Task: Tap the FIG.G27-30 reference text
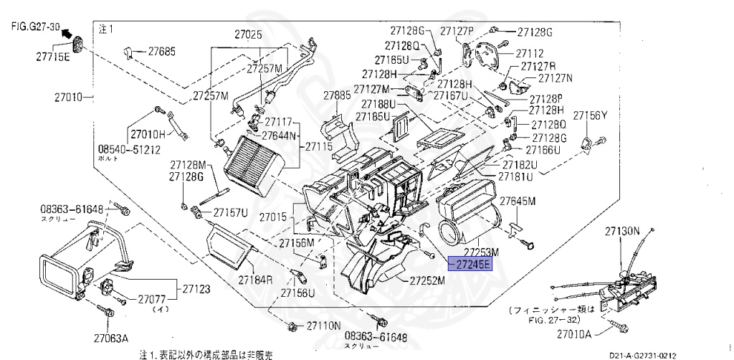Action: click(x=34, y=26)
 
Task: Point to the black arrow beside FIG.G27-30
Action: click(x=67, y=33)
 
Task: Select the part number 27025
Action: click(x=248, y=34)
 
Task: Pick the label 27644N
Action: click(x=280, y=135)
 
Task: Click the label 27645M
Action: click(x=518, y=201)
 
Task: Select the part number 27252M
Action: click(x=427, y=280)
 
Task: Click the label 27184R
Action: click(x=257, y=279)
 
